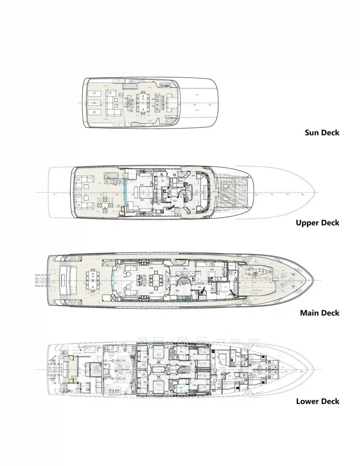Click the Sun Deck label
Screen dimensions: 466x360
pos(322,133)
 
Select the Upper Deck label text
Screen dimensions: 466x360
pos(317,223)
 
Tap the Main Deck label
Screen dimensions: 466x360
pos(319,313)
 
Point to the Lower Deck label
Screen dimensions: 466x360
pos(317,401)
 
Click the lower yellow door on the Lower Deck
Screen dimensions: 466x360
pos(71,381)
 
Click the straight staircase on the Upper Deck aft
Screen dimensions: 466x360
pos(111,175)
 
